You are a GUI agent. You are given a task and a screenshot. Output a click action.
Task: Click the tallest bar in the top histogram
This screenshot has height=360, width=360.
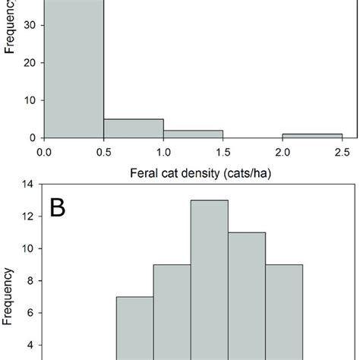point(74,68)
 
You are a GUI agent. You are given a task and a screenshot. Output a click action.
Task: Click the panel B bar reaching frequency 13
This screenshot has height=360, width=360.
point(209,281)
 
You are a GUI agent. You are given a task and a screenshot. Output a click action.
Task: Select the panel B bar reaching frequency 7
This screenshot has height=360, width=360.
point(134,327)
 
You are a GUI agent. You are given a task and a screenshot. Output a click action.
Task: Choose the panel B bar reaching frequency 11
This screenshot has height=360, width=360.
point(246,296)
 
